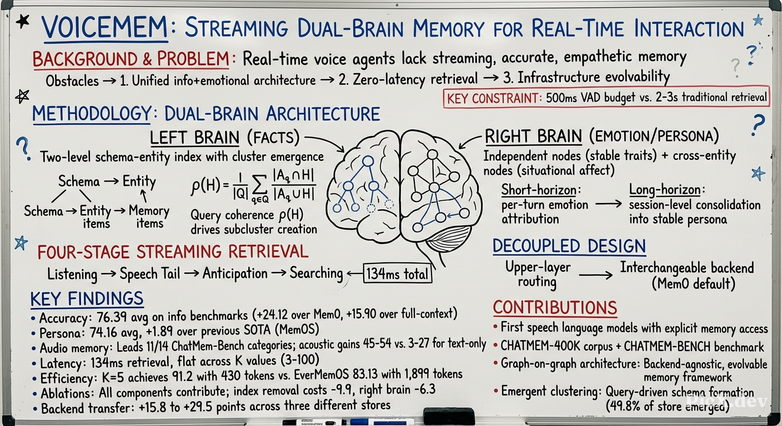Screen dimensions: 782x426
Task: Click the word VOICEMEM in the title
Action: point(105,28)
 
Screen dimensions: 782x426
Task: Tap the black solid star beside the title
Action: point(23,22)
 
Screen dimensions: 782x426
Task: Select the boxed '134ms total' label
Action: point(397,273)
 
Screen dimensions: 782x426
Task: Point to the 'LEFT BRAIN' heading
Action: point(194,138)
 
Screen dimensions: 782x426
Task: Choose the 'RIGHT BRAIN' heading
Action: point(533,136)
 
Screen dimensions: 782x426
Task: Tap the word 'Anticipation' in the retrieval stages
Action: point(235,273)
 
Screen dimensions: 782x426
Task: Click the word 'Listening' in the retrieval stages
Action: point(72,275)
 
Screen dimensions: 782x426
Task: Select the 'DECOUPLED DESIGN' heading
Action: point(569,246)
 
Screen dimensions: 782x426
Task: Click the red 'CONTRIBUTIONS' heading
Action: point(555,308)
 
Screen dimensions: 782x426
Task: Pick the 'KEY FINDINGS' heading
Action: point(87,299)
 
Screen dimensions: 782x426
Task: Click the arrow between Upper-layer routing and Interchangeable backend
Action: point(595,276)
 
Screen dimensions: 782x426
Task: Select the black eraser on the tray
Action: point(449,416)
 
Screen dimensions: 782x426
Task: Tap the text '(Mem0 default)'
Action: point(693,283)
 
